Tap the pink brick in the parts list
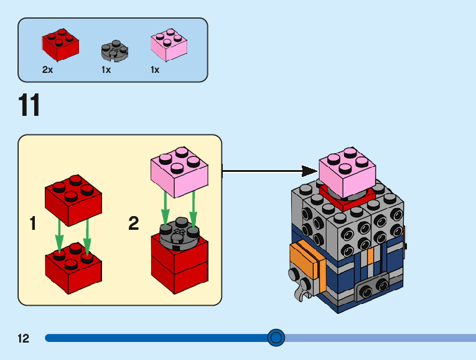coord(169,45)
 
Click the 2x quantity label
coord(48,70)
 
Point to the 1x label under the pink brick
coord(155,70)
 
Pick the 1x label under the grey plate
coord(106,70)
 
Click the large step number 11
coord(29,105)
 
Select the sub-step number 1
coord(33,224)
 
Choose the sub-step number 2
coord(133,224)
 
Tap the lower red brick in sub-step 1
coord(73,267)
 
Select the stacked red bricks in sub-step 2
coord(180,265)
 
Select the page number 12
coord(24,339)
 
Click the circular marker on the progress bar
coord(276,338)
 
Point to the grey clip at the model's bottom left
coord(302,286)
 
